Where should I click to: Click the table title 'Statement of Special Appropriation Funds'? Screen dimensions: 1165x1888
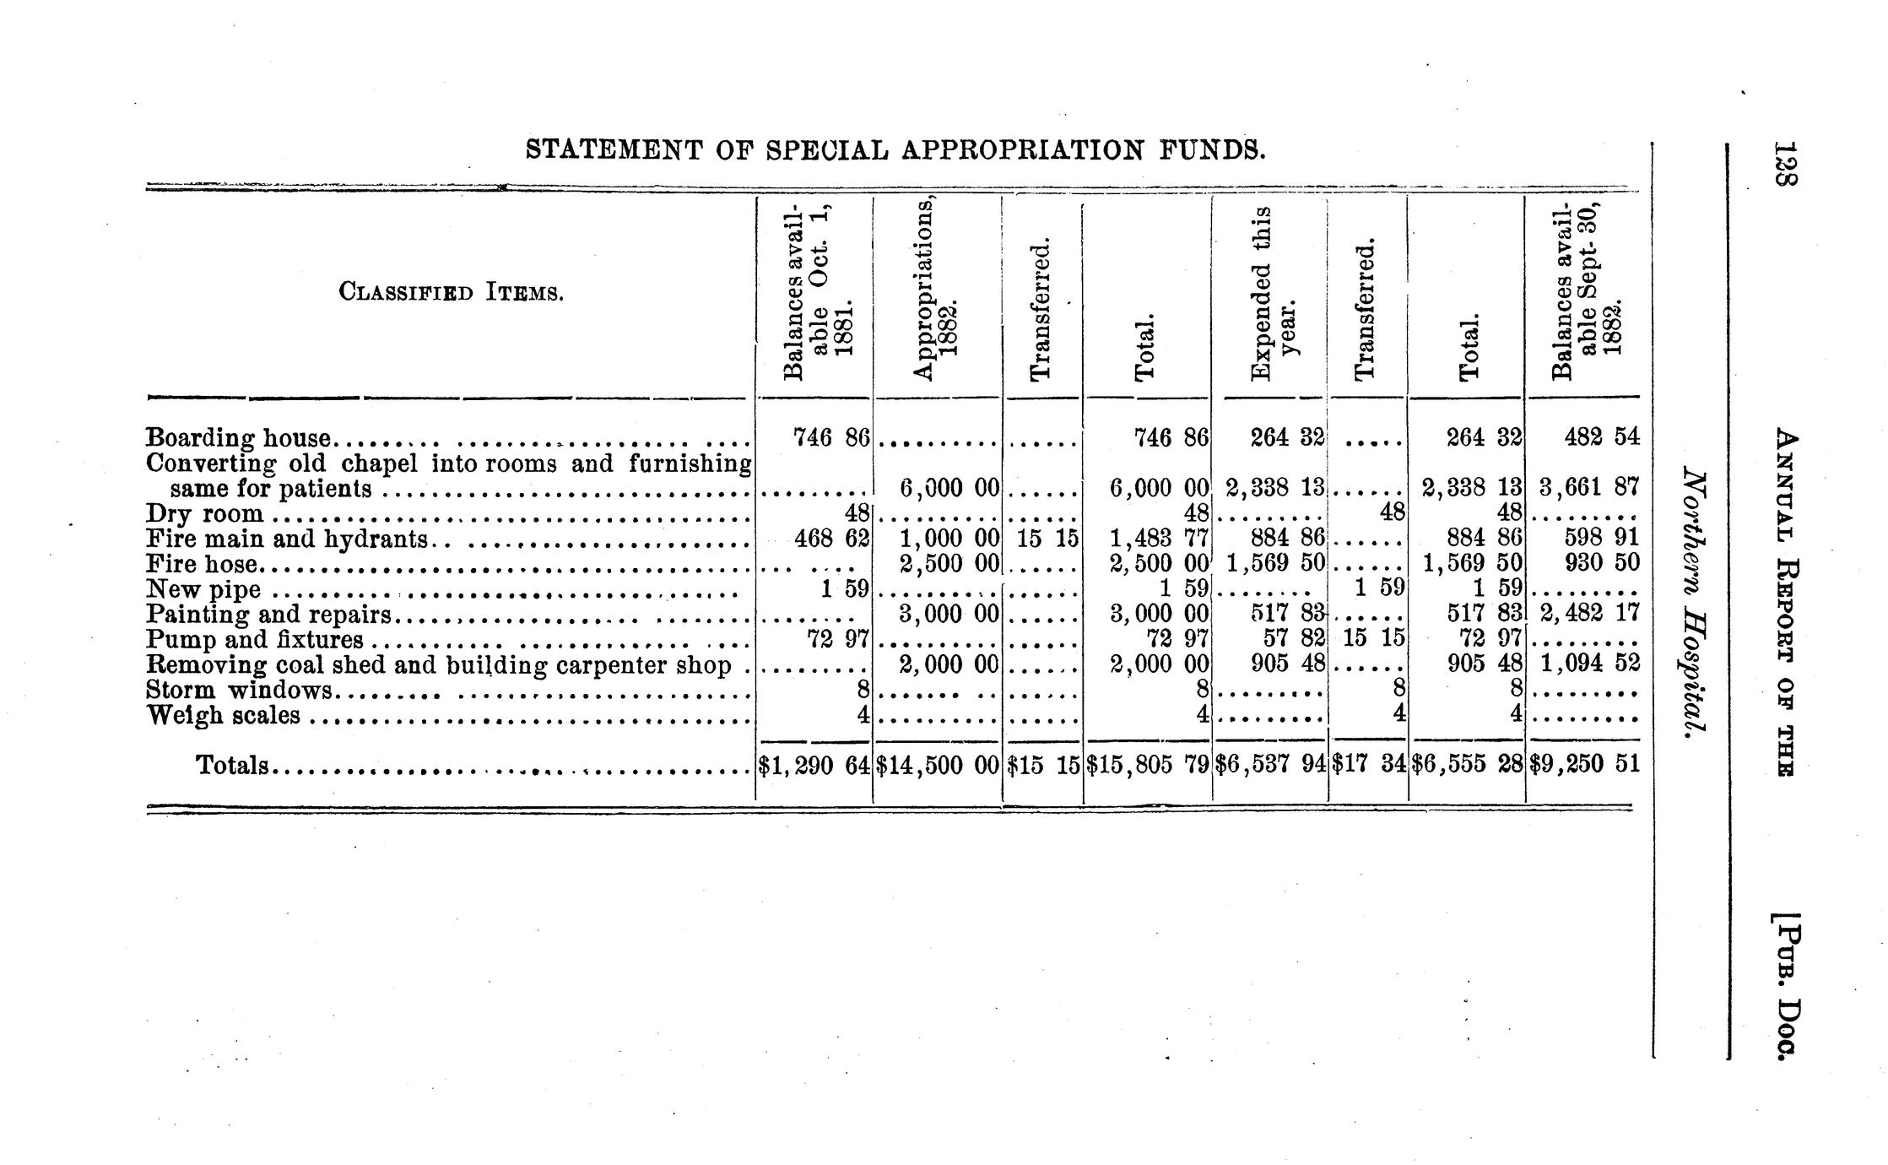click(x=895, y=150)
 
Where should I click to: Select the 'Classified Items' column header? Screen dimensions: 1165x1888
click(x=451, y=293)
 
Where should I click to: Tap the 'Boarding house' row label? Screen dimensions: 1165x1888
click(x=240, y=438)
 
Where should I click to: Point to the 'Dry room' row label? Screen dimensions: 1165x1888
click(x=204, y=514)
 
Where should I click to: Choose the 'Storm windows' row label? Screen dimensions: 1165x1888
click(x=239, y=691)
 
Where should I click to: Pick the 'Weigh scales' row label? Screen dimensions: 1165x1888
click(x=223, y=716)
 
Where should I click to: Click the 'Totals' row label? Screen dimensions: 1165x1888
click(x=232, y=765)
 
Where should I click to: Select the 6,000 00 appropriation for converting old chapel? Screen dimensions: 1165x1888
click(x=949, y=488)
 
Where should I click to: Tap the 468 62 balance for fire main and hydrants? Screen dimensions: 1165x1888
click(x=830, y=539)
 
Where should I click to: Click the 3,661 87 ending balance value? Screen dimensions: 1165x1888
click(x=1588, y=488)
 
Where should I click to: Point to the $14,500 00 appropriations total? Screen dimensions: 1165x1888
click(x=938, y=765)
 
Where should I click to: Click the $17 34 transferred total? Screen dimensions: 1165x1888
click(x=1368, y=765)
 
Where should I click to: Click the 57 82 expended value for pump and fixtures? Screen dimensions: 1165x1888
click(x=1290, y=640)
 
